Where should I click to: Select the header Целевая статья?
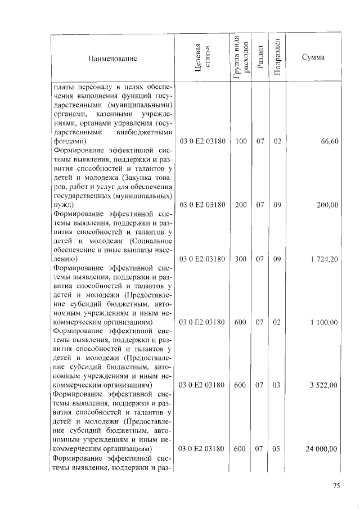(202, 58)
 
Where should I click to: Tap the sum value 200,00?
(327, 205)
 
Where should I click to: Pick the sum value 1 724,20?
(324, 259)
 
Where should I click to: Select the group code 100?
(241, 142)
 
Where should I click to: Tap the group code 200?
(241, 205)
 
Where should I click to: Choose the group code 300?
(241, 259)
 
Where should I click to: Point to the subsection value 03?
(277, 385)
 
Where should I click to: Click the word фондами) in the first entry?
(69, 142)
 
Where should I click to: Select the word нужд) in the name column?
(63, 205)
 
